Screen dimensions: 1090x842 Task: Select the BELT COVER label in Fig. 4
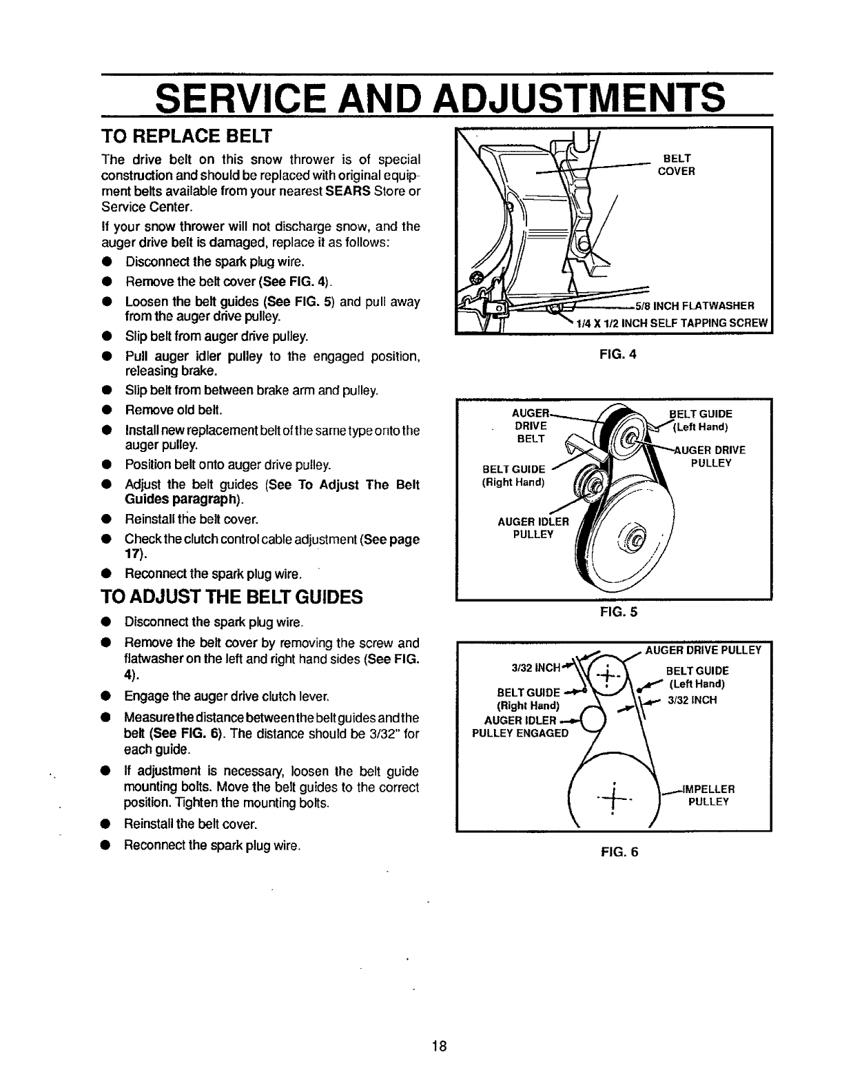point(675,165)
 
